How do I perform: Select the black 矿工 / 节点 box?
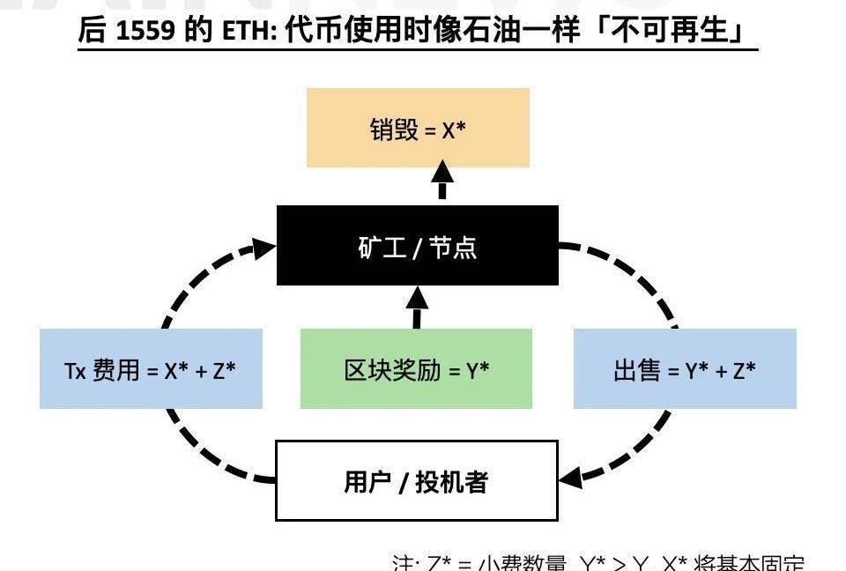(418, 246)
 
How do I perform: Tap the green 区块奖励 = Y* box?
(416, 368)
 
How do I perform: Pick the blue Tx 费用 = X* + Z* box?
(151, 368)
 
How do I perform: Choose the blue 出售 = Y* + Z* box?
(685, 368)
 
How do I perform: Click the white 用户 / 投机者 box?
(417, 481)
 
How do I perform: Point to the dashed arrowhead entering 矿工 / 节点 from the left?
(263, 246)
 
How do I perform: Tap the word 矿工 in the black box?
(382, 247)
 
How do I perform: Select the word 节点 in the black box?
(453, 247)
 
